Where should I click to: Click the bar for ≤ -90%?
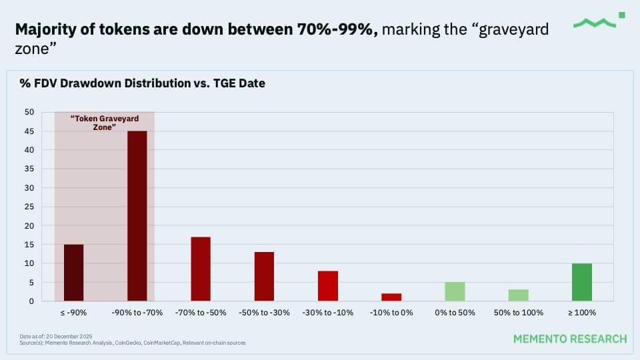click(73, 273)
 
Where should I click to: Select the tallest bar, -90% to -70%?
click(137, 216)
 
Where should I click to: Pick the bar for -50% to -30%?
click(264, 277)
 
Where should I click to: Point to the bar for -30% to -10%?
click(328, 286)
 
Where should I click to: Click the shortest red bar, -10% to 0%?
click(391, 297)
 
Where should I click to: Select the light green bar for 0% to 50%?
click(455, 291)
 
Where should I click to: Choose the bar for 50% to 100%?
click(518, 295)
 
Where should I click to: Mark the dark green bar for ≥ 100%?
click(581, 282)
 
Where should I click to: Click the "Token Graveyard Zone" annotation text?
click(105, 122)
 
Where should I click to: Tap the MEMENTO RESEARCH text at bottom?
click(569, 339)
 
